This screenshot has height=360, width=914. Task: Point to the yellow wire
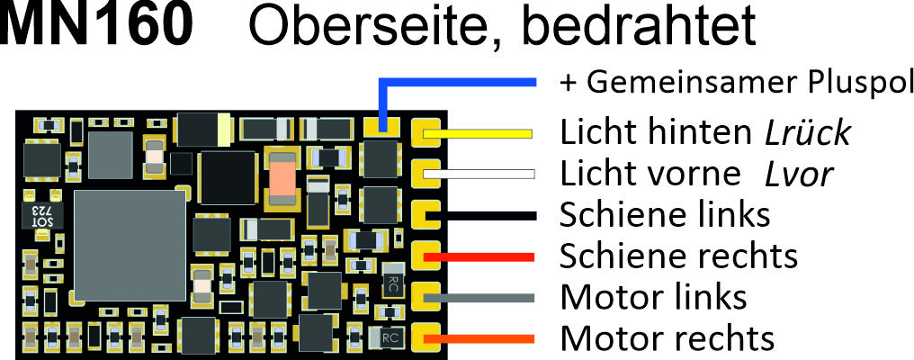pyautogui.click(x=478, y=133)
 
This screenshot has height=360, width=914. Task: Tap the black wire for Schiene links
pyautogui.click(x=480, y=215)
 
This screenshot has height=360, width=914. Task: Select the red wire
pyautogui.click(x=479, y=256)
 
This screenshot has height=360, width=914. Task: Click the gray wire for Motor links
pyautogui.click(x=479, y=298)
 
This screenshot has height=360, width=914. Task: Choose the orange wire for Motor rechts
pyautogui.click(x=479, y=338)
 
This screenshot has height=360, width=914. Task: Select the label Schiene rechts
pyautogui.click(x=678, y=256)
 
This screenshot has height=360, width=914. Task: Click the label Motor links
pyautogui.click(x=653, y=297)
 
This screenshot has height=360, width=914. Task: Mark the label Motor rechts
pyautogui.click(x=667, y=337)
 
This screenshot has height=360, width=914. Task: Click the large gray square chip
pyautogui.click(x=130, y=245)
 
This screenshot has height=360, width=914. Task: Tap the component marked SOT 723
pyautogui.click(x=42, y=216)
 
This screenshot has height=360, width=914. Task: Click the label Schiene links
pyautogui.click(x=665, y=215)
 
